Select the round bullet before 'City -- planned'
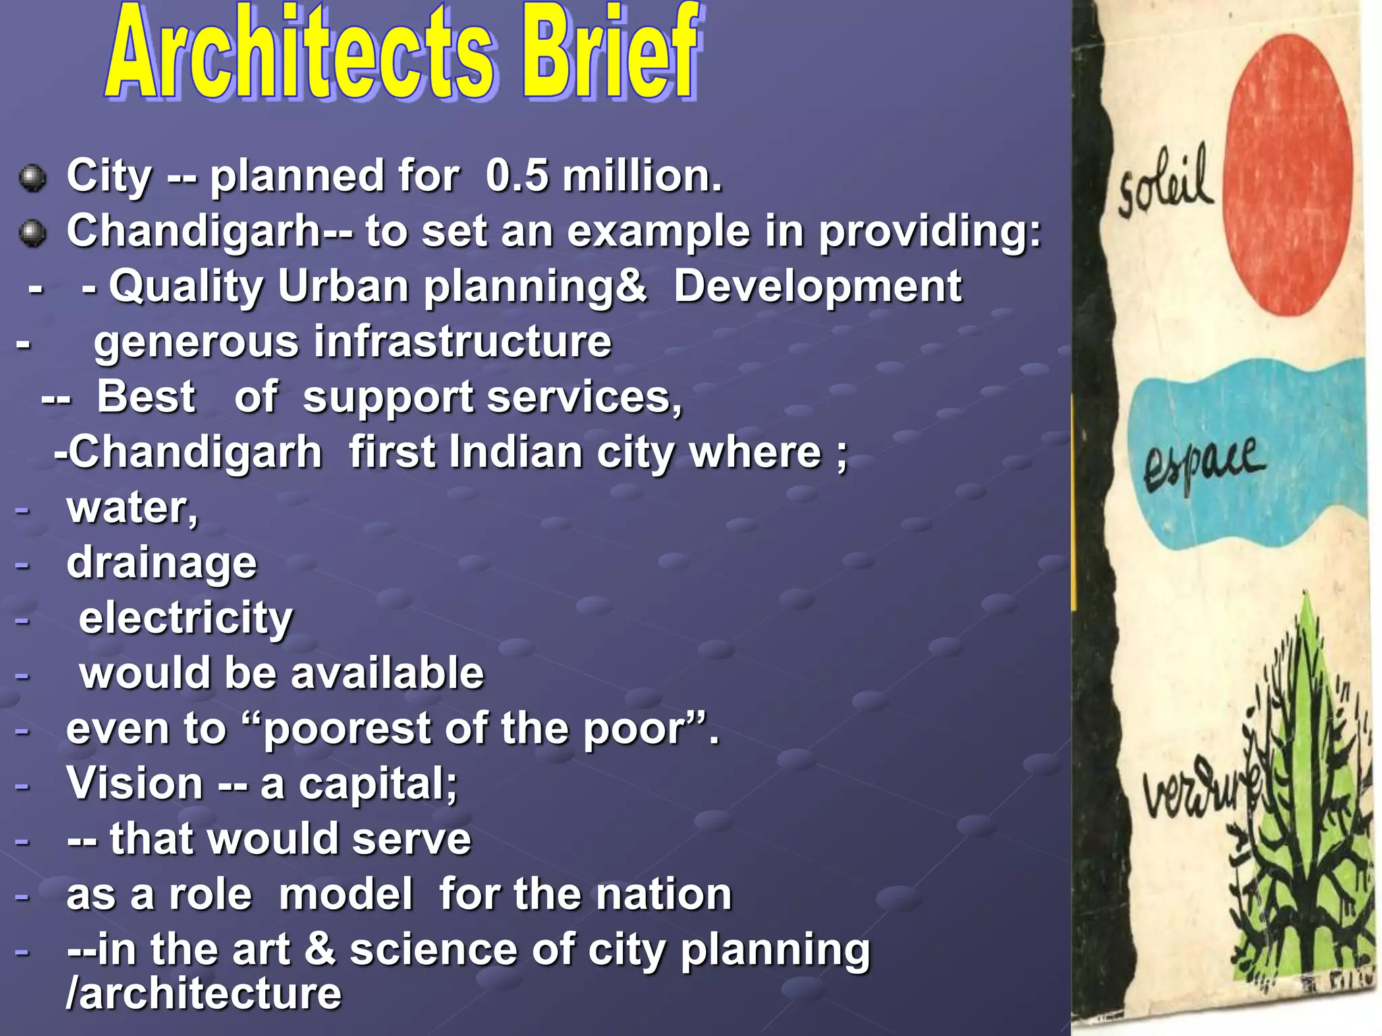coord(32,179)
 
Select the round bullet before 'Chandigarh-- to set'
coord(32,234)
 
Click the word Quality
coord(186,287)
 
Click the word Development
coord(817,286)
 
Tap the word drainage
coord(161,563)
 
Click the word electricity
coord(186,618)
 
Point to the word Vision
coord(134,784)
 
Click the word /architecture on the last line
coord(203,994)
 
